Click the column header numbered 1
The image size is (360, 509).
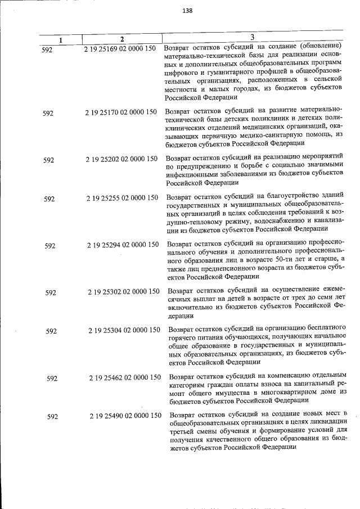click(61, 40)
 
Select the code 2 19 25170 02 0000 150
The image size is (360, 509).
click(121, 112)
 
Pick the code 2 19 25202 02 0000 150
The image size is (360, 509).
click(121, 159)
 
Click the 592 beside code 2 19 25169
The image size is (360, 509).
click(47, 49)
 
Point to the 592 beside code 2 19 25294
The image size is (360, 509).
click(50, 245)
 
